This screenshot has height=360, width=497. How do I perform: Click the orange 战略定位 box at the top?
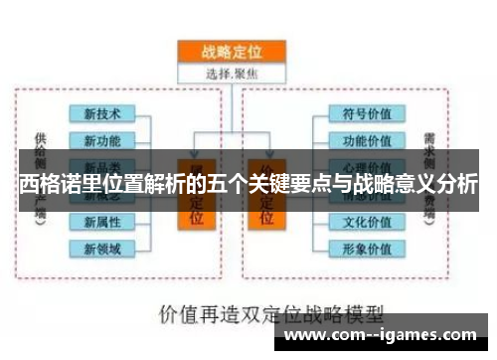(x=231, y=51)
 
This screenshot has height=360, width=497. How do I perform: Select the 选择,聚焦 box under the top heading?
(x=231, y=72)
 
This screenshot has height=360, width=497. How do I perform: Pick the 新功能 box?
(x=103, y=139)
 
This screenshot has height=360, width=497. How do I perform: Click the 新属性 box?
(x=103, y=221)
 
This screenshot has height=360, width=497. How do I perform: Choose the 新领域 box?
(x=103, y=248)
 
